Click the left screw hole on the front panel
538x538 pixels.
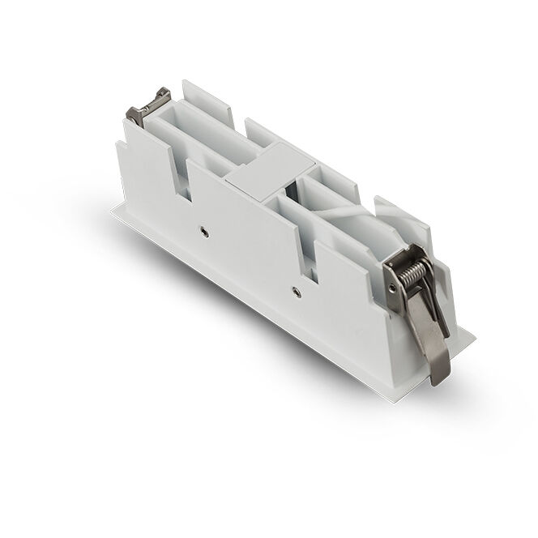click(203, 232)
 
